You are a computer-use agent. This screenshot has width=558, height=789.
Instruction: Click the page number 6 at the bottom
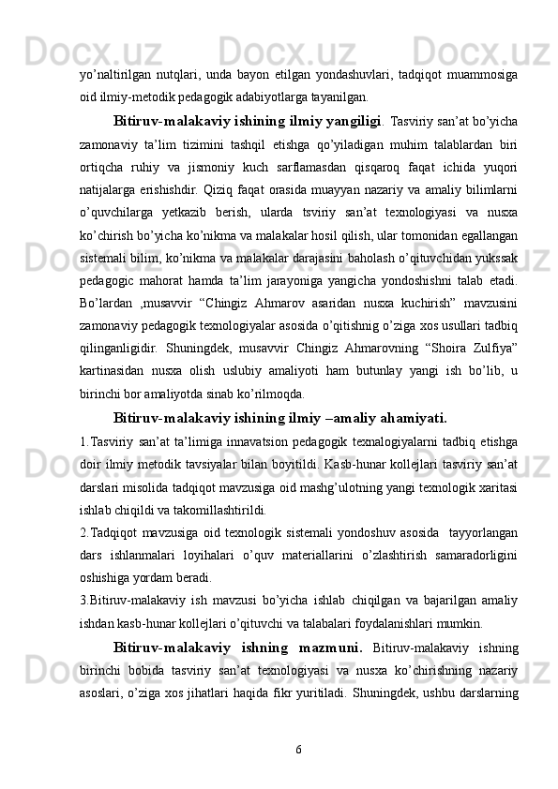pyautogui.click(x=298, y=750)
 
